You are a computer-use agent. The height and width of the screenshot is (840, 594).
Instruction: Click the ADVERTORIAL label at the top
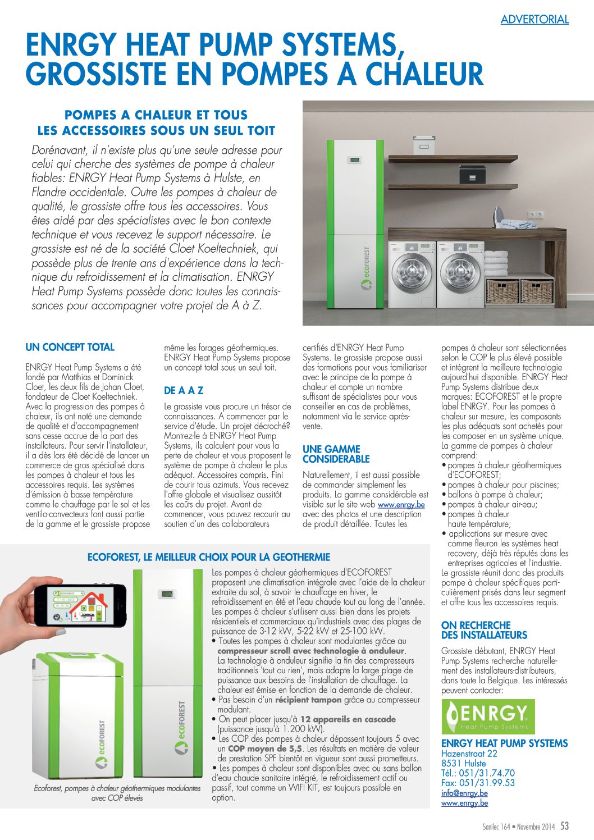pos(534,20)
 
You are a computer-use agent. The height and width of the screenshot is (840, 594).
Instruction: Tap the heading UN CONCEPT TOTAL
pos(70,348)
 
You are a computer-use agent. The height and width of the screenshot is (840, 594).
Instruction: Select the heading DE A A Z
pos(184,391)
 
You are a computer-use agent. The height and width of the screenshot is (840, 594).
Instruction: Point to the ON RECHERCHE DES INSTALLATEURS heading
pos(484,631)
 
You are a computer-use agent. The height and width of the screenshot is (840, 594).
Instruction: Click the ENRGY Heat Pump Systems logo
pos(488,716)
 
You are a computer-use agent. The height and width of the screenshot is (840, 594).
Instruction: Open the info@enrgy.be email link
pos(464,793)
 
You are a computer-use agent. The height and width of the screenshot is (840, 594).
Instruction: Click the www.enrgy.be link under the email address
pos(464,804)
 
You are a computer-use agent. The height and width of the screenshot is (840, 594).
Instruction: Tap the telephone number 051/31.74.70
pos(486,773)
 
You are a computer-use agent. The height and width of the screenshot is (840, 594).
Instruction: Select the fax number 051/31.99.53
pos(487,783)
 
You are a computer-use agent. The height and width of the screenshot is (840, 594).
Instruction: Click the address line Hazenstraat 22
pos(469,754)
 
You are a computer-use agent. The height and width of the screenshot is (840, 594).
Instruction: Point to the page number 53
pos(564,826)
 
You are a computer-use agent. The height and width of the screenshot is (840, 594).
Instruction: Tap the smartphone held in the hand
pos(79,605)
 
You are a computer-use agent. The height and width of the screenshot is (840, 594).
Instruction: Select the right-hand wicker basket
pos(536,291)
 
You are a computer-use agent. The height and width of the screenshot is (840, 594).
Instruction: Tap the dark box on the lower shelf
pos(472,175)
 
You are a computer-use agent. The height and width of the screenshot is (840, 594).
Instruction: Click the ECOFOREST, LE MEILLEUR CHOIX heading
pos(209,558)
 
